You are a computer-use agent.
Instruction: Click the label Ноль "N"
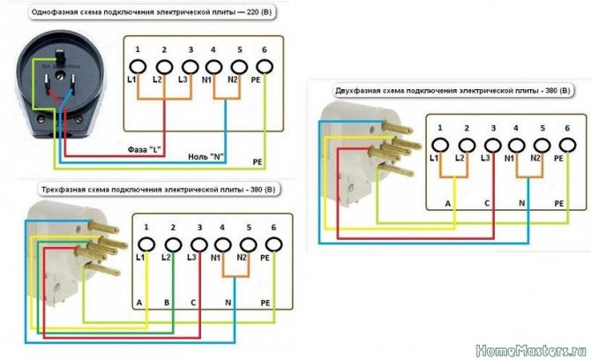(x=205, y=156)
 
